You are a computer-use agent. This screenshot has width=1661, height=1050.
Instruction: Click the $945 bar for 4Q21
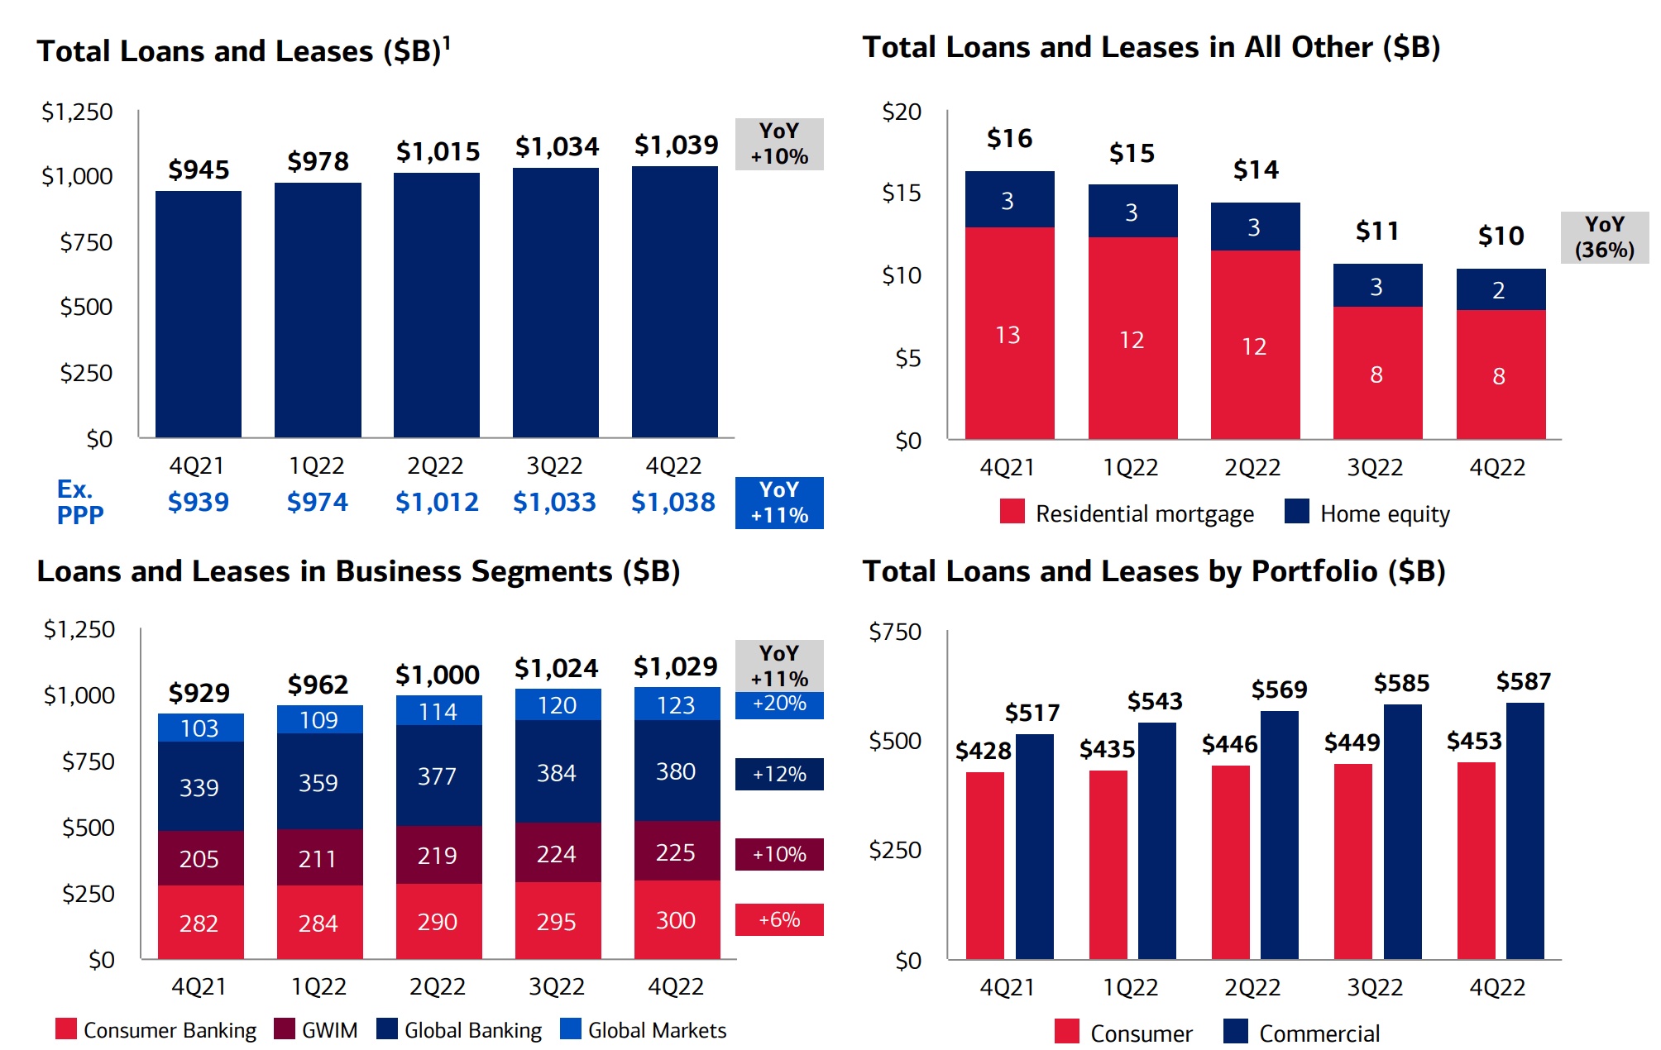199,314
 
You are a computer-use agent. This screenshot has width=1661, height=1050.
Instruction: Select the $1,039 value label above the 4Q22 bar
676,146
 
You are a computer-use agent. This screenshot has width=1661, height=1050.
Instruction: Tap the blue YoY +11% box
779,503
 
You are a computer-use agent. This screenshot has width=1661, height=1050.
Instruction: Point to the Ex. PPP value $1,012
437,503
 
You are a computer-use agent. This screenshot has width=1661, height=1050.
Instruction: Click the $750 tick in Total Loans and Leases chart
86,242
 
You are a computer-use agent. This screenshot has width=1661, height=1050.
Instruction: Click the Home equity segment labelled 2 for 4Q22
1501,289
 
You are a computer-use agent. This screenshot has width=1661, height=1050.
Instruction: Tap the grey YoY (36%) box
1604,237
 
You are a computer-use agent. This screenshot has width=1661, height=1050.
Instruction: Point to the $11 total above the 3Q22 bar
1377,231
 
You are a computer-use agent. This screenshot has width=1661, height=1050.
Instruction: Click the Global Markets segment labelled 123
677,704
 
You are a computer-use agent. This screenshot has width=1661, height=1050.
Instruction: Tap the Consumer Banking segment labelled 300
677,919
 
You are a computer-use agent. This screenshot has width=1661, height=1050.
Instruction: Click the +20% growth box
779,704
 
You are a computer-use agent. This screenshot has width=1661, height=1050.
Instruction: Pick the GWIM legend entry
317,1030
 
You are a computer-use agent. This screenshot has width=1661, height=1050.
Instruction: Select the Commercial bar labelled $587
1525,831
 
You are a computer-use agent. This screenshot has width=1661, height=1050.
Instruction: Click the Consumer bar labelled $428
985,865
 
